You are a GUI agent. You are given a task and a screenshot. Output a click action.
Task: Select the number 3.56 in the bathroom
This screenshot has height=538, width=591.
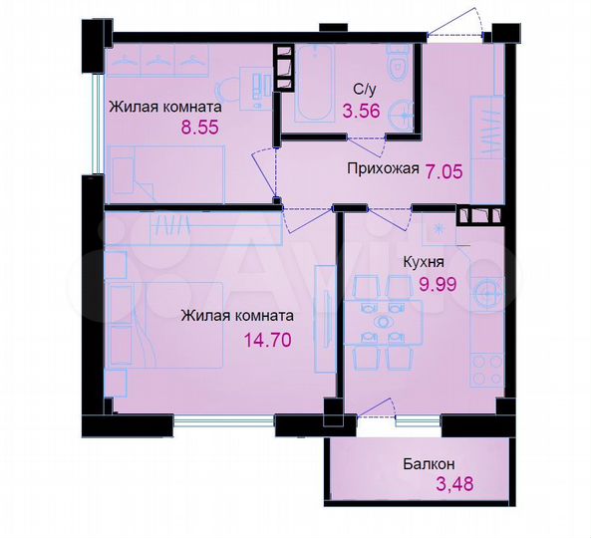[361, 112]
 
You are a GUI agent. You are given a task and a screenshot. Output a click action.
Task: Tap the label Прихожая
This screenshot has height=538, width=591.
[382, 170]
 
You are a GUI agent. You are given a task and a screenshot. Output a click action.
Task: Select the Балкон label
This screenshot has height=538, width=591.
[429, 463]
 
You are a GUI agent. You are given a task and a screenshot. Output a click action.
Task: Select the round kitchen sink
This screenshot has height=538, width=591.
[486, 293]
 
